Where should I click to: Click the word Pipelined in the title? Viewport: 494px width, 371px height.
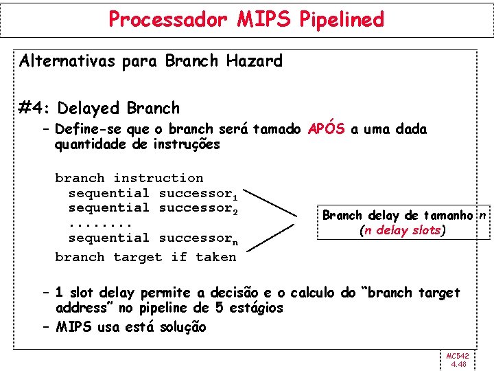[x=341, y=20]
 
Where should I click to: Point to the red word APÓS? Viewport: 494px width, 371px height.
[x=326, y=129]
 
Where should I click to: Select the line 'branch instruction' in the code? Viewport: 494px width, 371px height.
[x=129, y=179]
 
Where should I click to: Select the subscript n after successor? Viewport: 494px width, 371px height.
[x=234, y=241]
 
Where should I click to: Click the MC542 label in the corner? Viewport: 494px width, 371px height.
[x=457, y=356]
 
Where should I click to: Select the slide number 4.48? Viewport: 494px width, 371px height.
[x=457, y=365]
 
